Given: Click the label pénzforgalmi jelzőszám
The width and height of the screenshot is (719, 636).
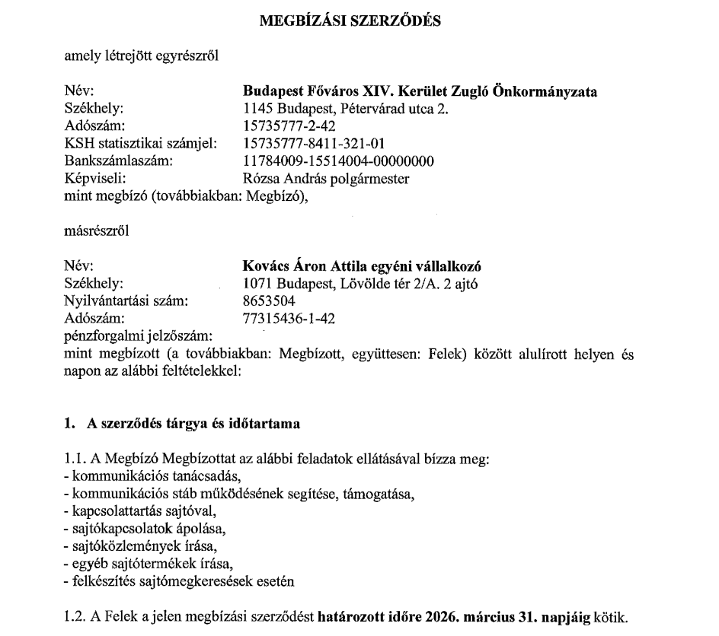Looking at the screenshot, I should pyautogui.click(x=138, y=335).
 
